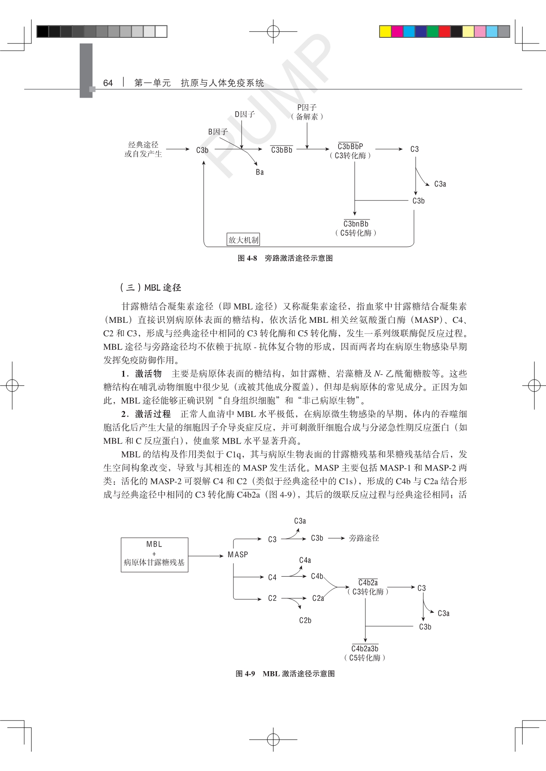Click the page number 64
[x=108, y=83]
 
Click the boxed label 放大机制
[x=243, y=240]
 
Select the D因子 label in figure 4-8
[x=245, y=114]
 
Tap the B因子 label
[x=218, y=132]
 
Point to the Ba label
[x=260, y=172]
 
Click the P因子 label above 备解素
[x=307, y=107]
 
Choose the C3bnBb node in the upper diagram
[x=356, y=224]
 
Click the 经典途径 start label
[x=143, y=145]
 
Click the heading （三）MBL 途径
[x=150, y=288]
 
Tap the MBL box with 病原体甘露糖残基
[x=155, y=555]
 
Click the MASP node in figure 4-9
[x=238, y=555]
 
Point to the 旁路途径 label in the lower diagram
[x=364, y=538]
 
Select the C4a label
[x=305, y=560]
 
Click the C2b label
[x=305, y=621]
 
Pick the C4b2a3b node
[x=365, y=649]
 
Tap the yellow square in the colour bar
[x=385, y=31]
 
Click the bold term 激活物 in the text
[x=148, y=374]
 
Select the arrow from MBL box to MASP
[x=206, y=556]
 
